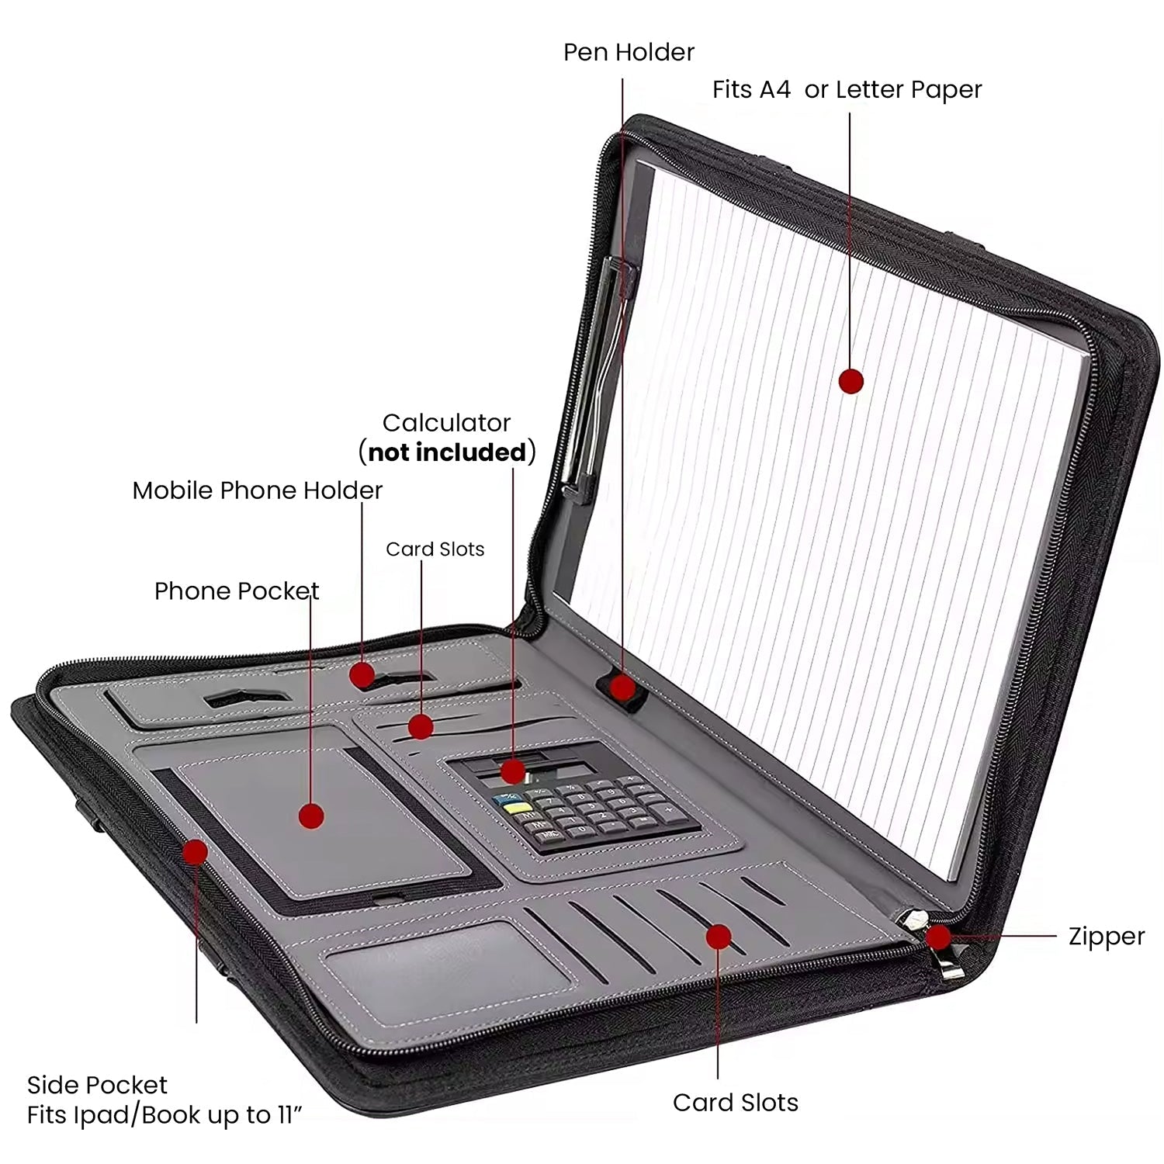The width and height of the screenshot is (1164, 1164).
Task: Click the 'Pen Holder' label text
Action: [x=629, y=53]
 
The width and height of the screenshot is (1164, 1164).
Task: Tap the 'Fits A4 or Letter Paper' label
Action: [x=847, y=90]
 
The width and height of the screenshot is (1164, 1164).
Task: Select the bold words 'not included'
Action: [x=447, y=452]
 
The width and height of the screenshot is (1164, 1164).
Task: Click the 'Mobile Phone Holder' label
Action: [x=257, y=490]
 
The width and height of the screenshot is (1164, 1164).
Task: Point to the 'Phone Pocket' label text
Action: [x=237, y=591]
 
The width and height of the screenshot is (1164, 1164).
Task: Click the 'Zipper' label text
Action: [x=1106, y=937]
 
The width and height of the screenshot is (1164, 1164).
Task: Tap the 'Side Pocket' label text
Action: [x=97, y=1085]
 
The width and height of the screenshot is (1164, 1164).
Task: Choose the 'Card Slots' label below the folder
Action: [x=735, y=1103]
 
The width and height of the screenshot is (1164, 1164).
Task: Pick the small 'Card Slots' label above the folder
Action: [x=435, y=549]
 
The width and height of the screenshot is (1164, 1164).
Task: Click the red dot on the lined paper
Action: [x=851, y=381]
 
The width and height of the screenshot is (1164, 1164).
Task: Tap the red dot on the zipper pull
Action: [x=939, y=937]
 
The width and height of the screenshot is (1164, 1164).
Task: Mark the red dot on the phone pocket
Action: [x=311, y=816]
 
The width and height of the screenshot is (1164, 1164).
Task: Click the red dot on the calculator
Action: [x=513, y=771]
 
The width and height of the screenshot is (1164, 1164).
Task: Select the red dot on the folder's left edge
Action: [x=195, y=852]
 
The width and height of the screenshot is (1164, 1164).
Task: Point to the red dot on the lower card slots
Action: [x=719, y=937]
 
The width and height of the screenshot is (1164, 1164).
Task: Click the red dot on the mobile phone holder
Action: [x=362, y=674]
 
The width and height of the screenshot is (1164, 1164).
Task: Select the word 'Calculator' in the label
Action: [x=446, y=423]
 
